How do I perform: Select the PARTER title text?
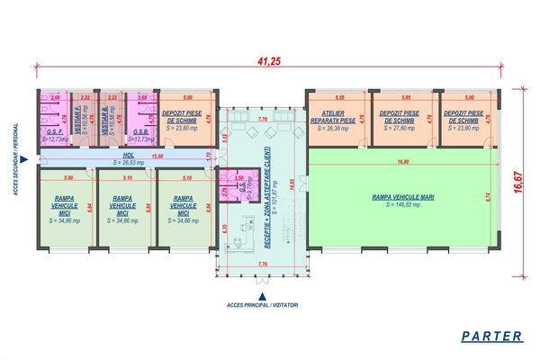tap(490, 336)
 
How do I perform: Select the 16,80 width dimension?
tap(402, 162)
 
